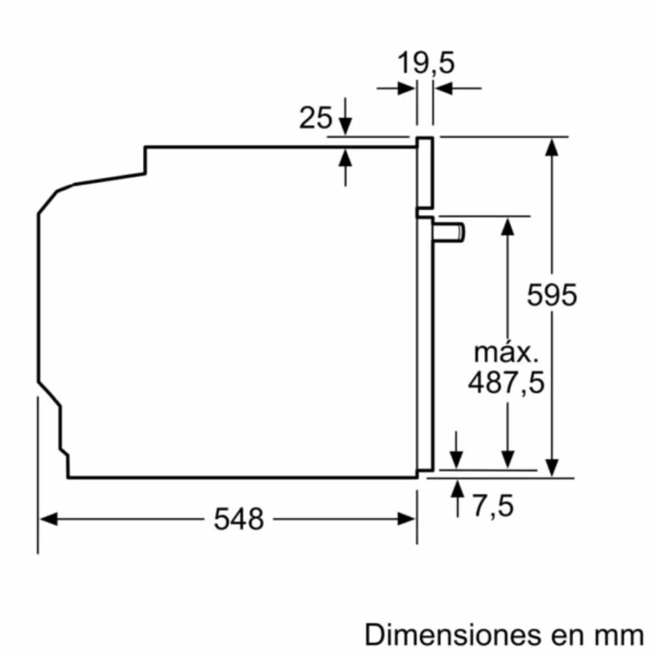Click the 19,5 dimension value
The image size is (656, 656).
(425, 63)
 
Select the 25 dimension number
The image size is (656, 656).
(316, 117)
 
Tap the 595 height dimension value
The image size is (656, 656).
(552, 295)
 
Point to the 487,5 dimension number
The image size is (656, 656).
(506, 383)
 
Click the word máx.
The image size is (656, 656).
(506, 353)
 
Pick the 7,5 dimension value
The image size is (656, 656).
(493, 506)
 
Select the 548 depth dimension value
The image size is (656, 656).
(238, 519)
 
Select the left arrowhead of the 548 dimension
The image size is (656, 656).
(48, 519)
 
